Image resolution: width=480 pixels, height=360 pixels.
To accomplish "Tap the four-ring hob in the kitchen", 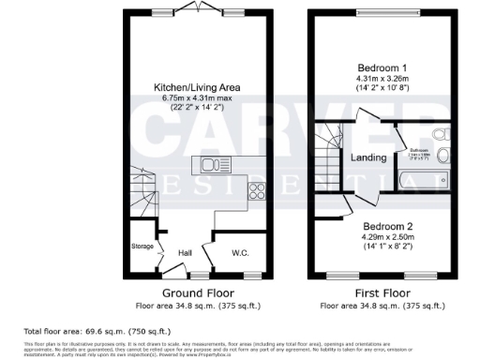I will [256, 196].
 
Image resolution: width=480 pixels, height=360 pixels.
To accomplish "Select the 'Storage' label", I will [142, 247].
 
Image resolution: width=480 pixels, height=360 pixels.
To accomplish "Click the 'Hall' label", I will [186, 252].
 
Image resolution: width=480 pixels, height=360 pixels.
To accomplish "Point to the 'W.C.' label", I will [239, 252].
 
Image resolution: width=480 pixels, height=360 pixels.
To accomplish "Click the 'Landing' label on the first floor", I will [368, 157].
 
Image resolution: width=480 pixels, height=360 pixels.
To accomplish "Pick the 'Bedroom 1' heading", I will [382, 68].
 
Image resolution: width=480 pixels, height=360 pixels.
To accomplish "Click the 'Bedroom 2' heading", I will [387, 227].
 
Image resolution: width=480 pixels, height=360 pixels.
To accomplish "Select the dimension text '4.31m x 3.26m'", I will [382, 80].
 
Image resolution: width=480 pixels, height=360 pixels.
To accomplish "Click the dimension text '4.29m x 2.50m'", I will [387, 238].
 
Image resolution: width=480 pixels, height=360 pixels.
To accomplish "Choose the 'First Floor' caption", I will [382, 292].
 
